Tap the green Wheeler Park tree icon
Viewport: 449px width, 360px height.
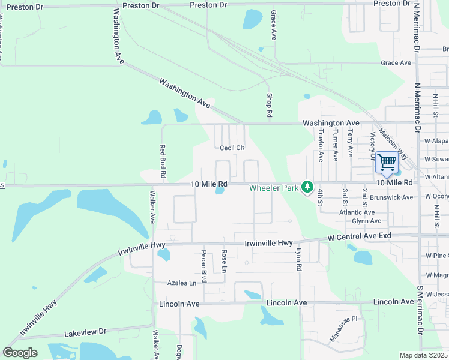click(307, 187)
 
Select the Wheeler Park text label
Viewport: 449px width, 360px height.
click(274, 188)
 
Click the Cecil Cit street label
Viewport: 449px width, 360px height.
click(232, 148)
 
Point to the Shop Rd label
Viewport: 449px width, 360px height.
click(270, 105)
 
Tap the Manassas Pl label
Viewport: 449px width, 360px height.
click(343, 329)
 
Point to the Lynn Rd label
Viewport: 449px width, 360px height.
click(298, 260)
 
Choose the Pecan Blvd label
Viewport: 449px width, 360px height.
click(204, 266)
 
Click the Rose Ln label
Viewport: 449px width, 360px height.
click(224, 261)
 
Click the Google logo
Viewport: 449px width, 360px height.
click(20, 352)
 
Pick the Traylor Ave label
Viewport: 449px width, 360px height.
click(321, 146)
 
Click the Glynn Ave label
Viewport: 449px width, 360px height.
click(367, 221)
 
